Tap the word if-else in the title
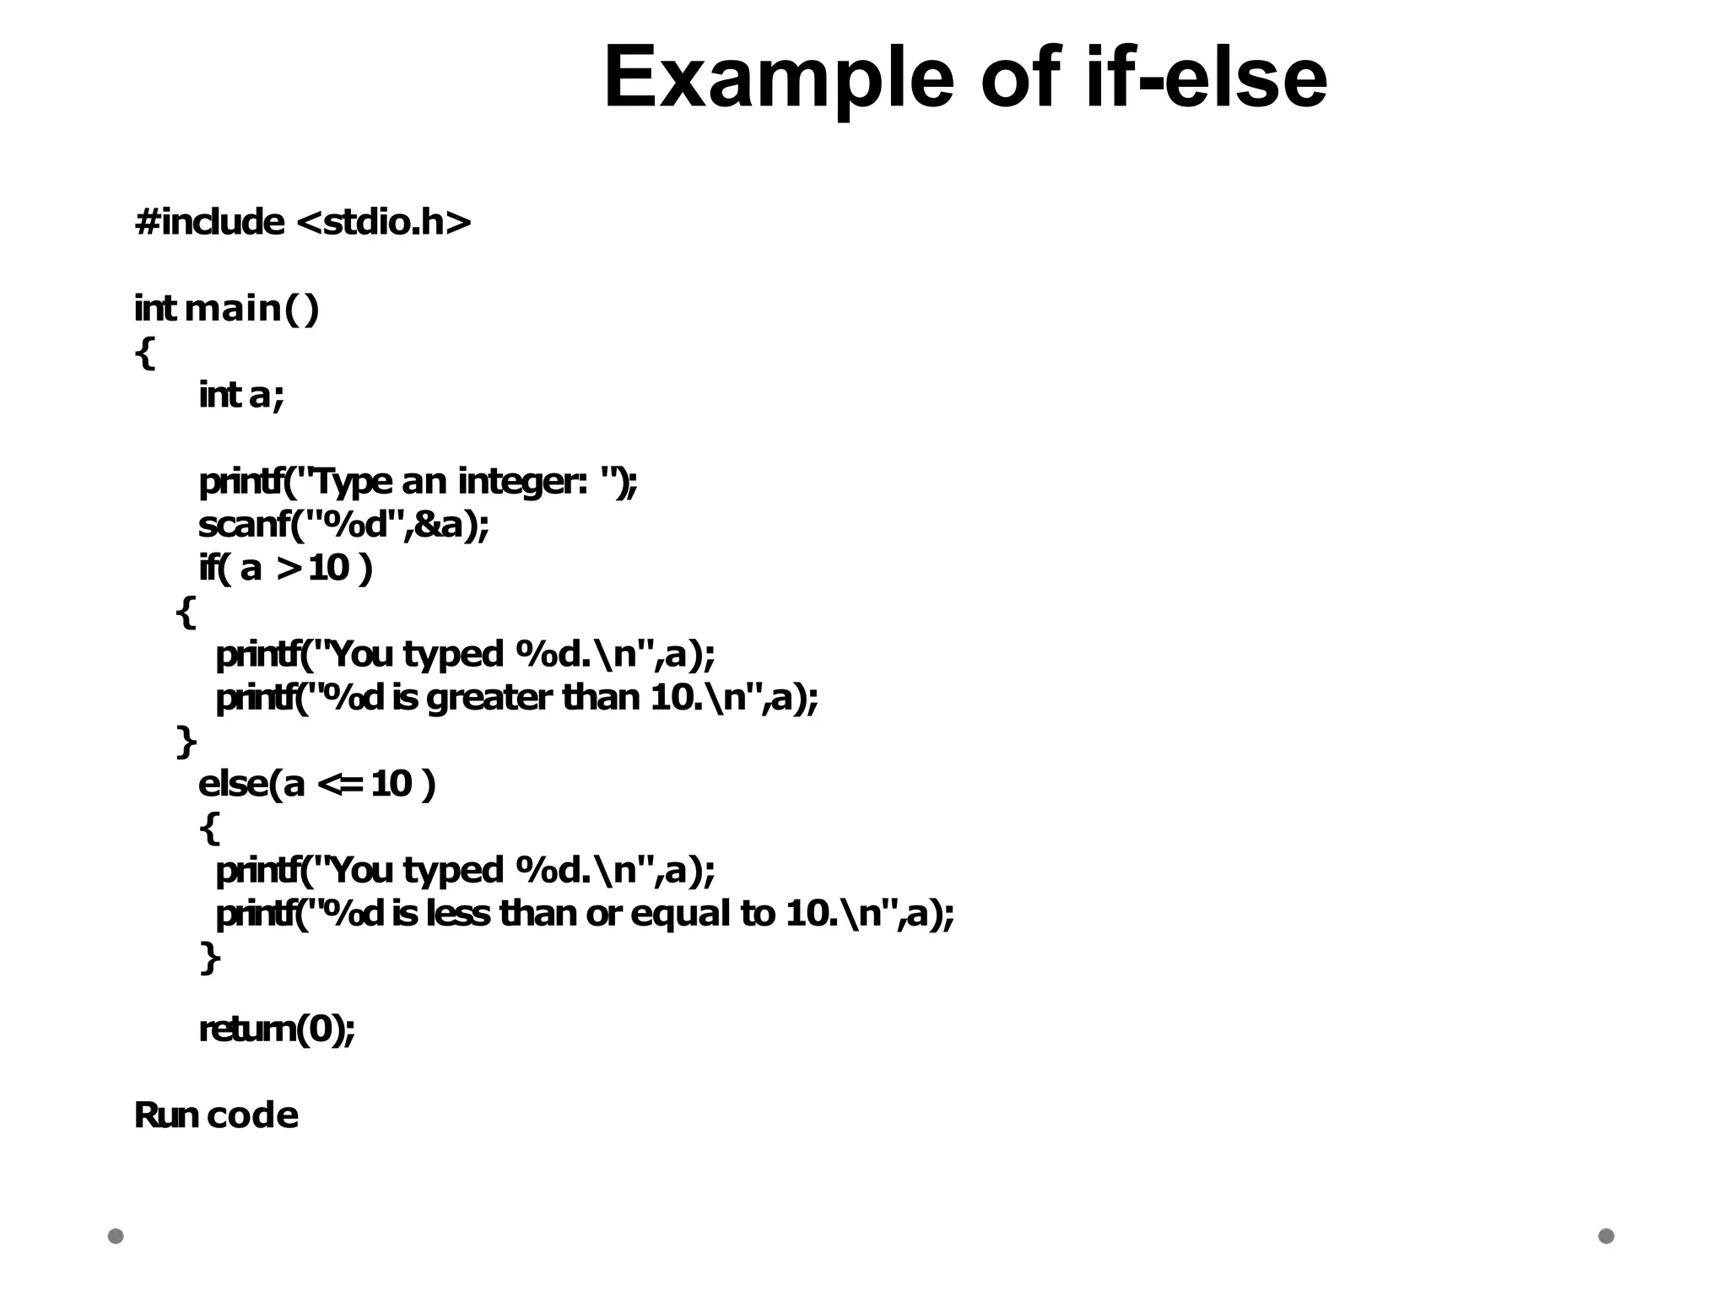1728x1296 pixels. [x=1206, y=77]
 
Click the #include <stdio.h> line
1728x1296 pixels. [x=302, y=222]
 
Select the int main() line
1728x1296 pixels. [x=227, y=308]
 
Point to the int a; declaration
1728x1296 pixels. [x=241, y=395]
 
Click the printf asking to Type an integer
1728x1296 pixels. [x=418, y=482]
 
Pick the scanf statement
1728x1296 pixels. [x=343, y=525]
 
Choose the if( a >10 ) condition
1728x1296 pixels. [x=285, y=568]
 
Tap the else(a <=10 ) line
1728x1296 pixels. [x=316, y=784]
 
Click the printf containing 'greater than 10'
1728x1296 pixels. [x=516, y=698]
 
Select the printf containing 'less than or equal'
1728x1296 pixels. [x=585, y=914]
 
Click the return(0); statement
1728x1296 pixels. [x=277, y=1029]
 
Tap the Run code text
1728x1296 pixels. [x=216, y=1115]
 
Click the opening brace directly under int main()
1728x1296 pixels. [x=145, y=352]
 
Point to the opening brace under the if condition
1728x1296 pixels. [x=186, y=612]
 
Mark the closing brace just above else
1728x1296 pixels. [x=186, y=742]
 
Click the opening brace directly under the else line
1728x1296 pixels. [x=210, y=828]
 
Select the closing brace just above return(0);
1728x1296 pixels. [x=210, y=958]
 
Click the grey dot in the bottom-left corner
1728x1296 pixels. [x=116, y=1236]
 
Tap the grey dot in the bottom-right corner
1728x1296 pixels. [x=1606, y=1236]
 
